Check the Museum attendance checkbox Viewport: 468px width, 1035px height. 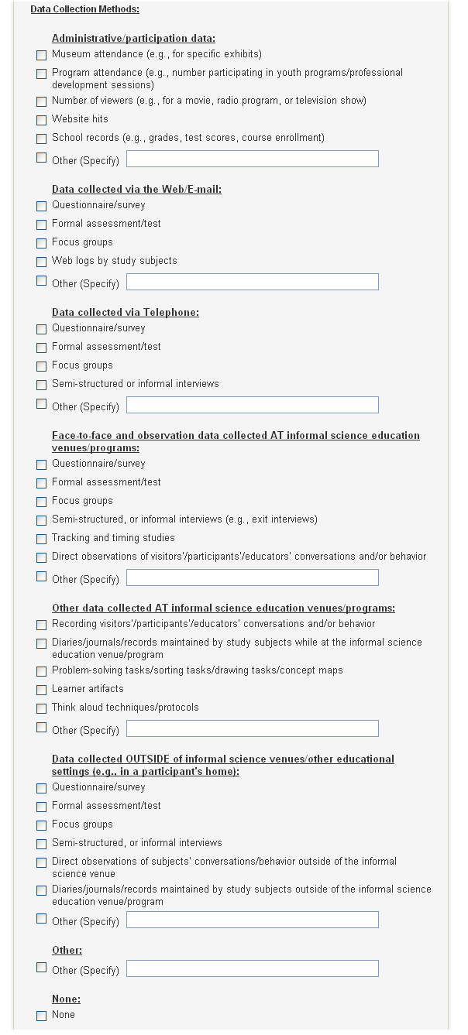pos(41,56)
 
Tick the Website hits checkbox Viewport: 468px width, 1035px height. pos(41,121)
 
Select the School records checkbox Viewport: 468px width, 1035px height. pos(41,139)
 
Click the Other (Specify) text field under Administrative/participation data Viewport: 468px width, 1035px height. pos(252,159)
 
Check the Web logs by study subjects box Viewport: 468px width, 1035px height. pos(41,262)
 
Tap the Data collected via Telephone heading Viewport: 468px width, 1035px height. pos(125,313)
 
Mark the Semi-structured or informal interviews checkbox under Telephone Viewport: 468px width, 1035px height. pos(41,386)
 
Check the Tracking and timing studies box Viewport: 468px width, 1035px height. pos(41,540)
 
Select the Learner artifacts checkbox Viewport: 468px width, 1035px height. pos(41,691)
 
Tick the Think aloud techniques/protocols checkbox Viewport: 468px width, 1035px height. pos(41,709)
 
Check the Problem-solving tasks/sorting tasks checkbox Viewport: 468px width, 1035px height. pos(41,672)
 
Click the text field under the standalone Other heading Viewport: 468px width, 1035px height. pos(252,969)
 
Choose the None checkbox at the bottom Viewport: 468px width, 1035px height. pos(41,1016)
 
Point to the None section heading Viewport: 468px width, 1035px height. pos(66,999)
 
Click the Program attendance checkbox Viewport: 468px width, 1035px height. pos(41,74)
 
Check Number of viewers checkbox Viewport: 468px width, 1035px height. pos(41,102)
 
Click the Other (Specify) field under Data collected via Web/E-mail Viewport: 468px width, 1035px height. pos(252,283)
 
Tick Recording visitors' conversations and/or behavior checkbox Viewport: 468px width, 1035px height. pos(41,625)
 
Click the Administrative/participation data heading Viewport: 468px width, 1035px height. pos(133,38)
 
